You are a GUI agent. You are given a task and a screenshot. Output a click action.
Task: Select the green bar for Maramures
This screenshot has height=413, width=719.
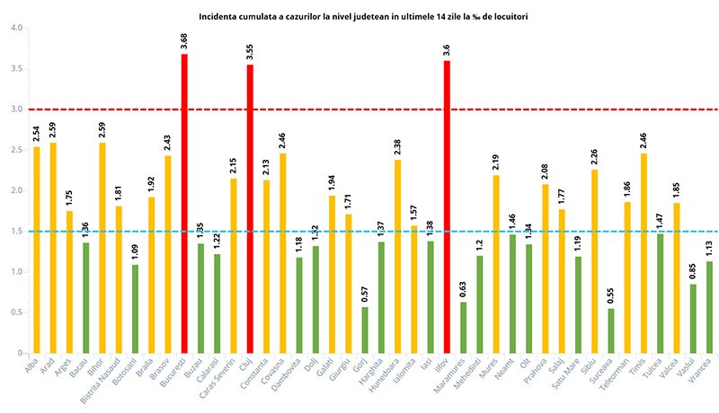click(x=463, y=327)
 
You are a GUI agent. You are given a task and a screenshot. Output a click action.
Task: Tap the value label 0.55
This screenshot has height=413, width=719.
click(x=611, y=293)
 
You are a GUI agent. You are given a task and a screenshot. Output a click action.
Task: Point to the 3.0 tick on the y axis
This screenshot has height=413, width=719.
click(x=16, y=110)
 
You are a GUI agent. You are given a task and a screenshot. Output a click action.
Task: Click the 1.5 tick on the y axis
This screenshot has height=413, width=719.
click(x=16, y=232)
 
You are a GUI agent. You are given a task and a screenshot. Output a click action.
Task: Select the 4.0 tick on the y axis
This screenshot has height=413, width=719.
click(x=16, y=28)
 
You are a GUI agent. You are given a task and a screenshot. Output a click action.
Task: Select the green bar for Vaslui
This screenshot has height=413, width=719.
click(x=693, y=318)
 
